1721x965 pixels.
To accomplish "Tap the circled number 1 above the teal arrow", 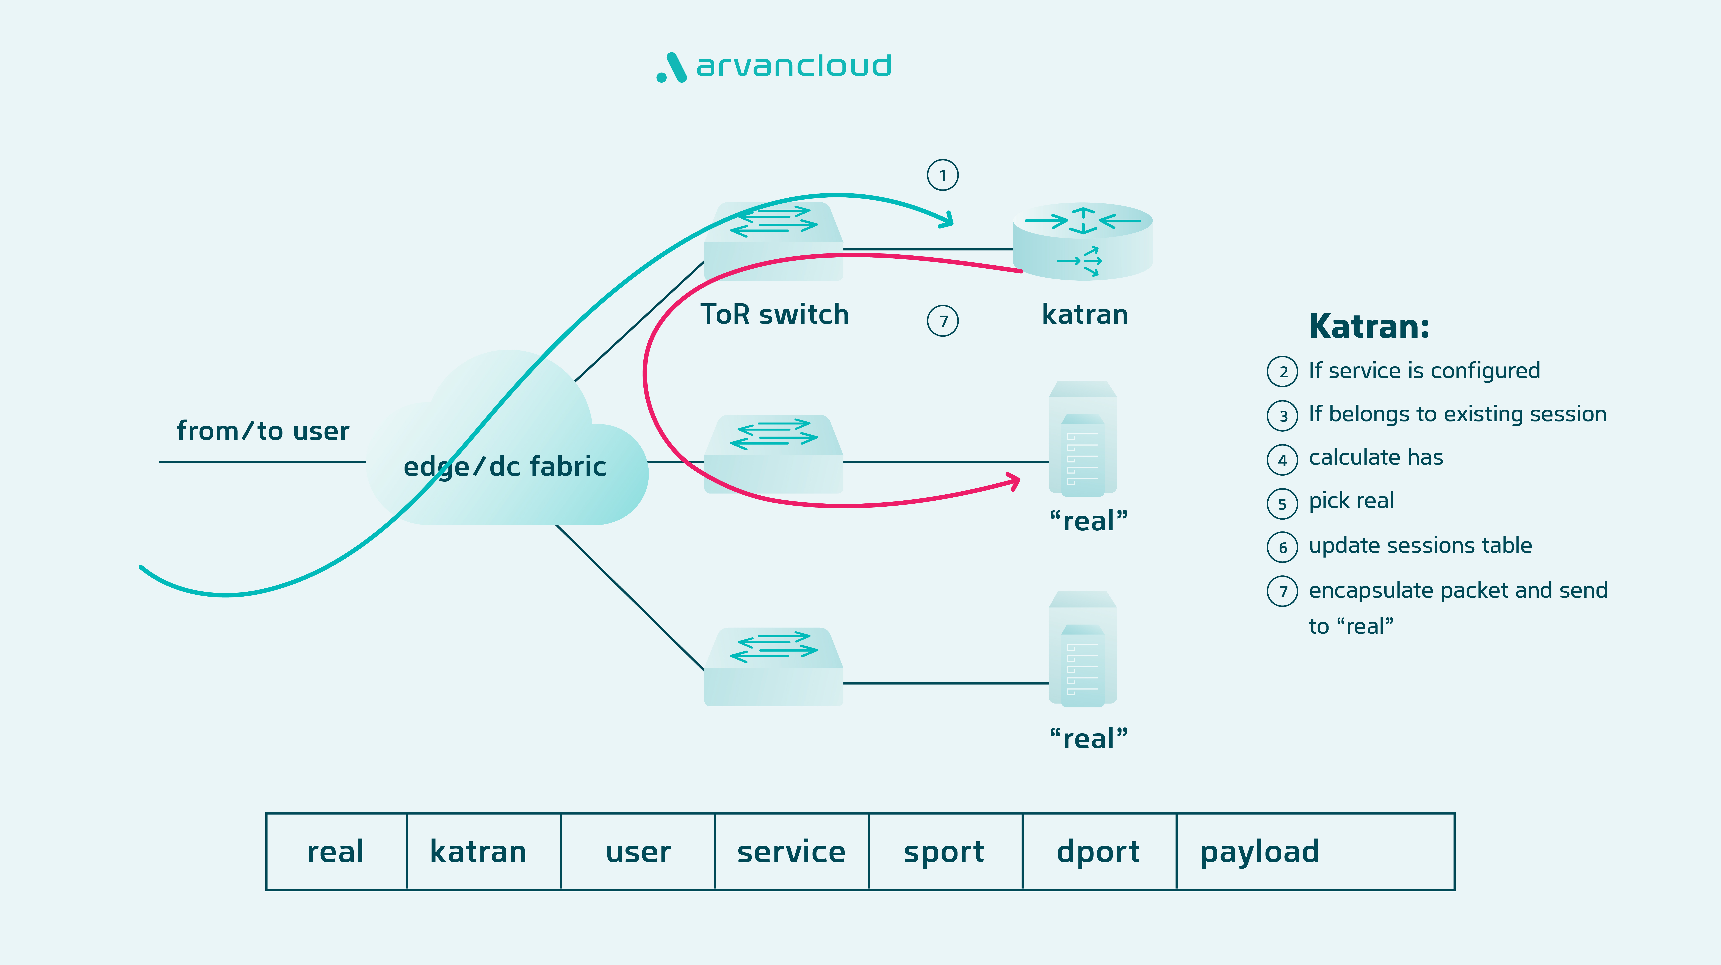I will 943,175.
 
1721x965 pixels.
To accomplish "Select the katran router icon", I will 1082,241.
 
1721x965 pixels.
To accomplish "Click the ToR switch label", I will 774,314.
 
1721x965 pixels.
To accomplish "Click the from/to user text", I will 262,431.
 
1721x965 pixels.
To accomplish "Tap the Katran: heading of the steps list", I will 1368,327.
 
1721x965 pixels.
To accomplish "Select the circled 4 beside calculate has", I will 1282,460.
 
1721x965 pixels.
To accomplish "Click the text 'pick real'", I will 1351,501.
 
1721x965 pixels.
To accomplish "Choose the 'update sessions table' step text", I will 1420,545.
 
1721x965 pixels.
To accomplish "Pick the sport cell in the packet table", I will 944,851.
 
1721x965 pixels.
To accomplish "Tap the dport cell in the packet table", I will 1098,851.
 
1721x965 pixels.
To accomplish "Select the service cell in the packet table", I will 791,851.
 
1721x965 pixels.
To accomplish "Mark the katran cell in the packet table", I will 478,851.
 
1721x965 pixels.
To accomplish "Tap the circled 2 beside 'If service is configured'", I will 1282,372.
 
